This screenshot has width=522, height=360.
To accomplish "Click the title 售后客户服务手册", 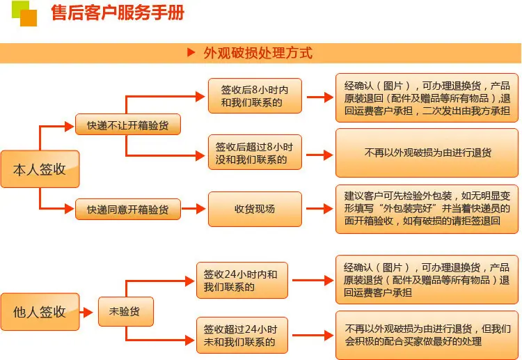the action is tap(118, 13).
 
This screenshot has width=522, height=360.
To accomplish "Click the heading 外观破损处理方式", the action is tap(258, 53).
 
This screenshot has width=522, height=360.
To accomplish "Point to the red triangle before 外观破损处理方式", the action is tap(191, 52).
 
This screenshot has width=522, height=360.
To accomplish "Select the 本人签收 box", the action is tap(40, 169).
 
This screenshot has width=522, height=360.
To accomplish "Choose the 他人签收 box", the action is tap(40, 312).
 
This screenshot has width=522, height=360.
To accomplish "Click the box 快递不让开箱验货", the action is tap(128, 125).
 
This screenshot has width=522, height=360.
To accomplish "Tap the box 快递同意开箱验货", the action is tap(128, 209).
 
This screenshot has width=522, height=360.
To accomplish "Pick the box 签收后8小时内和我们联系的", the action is tap(255, 96).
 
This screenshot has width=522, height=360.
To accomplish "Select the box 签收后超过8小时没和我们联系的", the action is tap(255, 152).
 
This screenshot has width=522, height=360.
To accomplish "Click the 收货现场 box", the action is tap(255, 209).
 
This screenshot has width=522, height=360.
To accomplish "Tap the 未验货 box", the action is tap(126, 312).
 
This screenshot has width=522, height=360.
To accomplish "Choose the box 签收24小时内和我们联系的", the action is tap(242, 281).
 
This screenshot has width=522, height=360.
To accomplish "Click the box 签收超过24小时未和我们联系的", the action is tap(242, 336).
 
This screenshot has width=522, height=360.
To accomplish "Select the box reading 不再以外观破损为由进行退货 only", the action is tap(427, 153).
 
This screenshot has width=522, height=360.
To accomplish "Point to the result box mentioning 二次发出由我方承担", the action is tap(427, 98).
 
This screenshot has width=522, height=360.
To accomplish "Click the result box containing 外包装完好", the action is tap(427, 209).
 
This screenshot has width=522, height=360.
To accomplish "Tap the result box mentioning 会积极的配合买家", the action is tap(427, 335).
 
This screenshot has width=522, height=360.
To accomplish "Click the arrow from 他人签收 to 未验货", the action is tap(86, 313).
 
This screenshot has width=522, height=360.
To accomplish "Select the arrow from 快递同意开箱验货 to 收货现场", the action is tap(193, 209).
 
